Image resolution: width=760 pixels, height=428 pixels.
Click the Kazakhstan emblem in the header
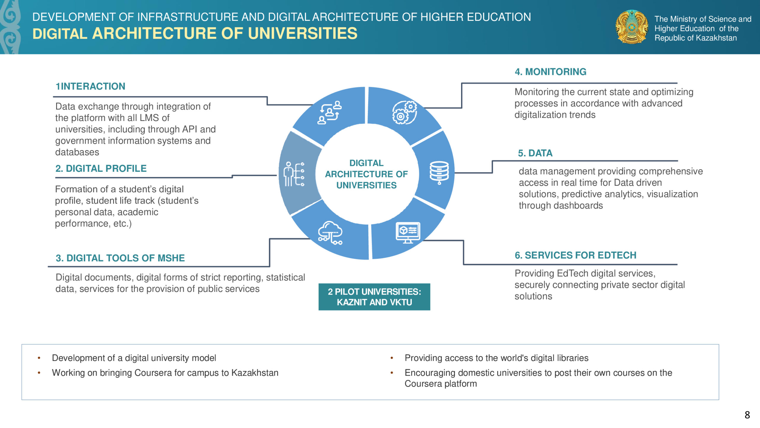(x=632, y=27)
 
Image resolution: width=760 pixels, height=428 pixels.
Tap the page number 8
(x=747, y=415)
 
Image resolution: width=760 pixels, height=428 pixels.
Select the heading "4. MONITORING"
(x=550, y=72)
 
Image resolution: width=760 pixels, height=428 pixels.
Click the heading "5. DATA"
(x=535, y=153)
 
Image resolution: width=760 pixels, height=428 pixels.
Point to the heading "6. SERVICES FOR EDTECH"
(x=576, y=255)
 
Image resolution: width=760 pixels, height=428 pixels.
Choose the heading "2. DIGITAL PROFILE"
(x=101, y=169)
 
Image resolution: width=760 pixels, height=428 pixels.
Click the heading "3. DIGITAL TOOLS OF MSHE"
(x=120, y=258)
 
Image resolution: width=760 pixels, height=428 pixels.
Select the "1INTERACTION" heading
(x=91, y=86)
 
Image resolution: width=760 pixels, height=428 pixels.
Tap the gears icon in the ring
(x=404, y=112)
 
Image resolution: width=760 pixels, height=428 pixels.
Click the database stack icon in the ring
(x=439, y=173)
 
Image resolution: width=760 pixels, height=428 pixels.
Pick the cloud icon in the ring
(x=330, y=233)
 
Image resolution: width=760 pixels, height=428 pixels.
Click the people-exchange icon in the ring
(x=330, y=112)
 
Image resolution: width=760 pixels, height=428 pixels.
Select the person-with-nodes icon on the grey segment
(x=294, y=174)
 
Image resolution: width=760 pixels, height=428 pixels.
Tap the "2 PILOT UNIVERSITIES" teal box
(x=374, y=297)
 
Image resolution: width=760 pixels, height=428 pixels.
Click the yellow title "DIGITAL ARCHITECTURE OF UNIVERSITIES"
(x=195, y=33)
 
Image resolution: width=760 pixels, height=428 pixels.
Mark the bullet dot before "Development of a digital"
(x=39, y=358)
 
